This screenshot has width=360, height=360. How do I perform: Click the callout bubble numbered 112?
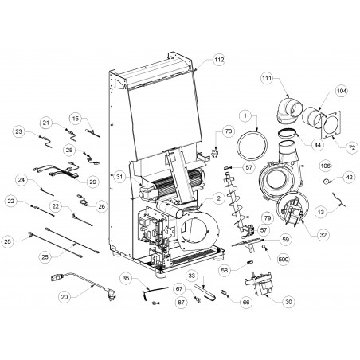(220, 60)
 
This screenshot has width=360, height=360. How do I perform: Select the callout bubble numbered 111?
(267, 78)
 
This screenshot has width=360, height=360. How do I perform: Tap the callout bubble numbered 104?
(342, 91)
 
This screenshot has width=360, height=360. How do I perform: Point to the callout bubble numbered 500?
(284, 259)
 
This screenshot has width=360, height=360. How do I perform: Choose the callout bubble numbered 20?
(65, 297)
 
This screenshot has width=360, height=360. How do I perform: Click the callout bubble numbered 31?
(119, 177)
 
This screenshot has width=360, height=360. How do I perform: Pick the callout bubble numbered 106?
(326, 166)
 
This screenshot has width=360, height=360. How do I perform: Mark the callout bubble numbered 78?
(229, 131)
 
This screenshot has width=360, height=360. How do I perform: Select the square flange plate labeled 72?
(331, 124)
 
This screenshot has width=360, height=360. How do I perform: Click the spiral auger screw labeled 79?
(237, 202)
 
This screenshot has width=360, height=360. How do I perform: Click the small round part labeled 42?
(326, 182)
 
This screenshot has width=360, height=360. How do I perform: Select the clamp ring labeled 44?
(289, 133)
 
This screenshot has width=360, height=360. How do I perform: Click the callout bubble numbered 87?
(181, 303)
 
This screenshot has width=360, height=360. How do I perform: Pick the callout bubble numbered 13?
(321, 212)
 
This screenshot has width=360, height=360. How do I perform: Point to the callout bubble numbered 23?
(19, 131)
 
